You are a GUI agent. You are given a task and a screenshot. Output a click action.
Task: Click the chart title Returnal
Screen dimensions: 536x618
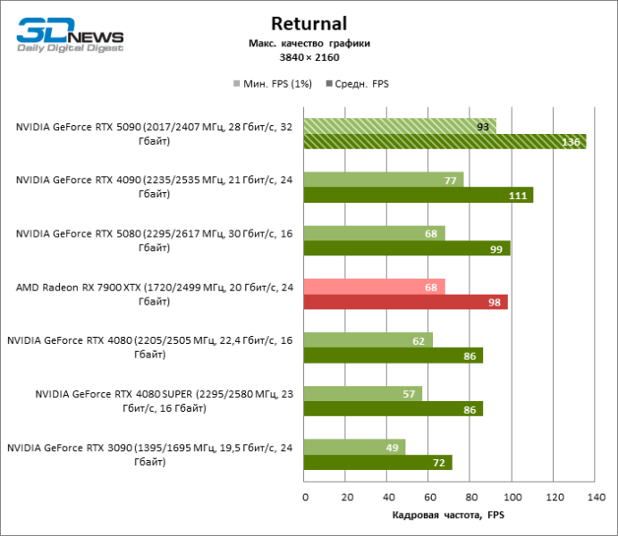pyautogui.click(x=308, y=23)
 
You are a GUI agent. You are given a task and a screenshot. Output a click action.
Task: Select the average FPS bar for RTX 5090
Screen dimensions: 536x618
pyautogui.click(x=444, y=141)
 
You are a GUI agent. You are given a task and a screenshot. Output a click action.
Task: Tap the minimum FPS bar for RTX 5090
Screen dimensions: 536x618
pyautogui.click(x=399, y=126)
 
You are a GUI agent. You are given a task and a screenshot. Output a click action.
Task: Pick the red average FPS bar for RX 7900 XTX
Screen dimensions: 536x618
pyautogui.click(x=405, y=302)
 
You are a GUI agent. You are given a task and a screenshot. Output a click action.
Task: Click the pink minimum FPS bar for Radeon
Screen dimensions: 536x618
pyautogui.click(x=374, y=287)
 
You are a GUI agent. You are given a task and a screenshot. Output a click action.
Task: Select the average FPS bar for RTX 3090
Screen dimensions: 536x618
pyautogui.click(x=377, y=462)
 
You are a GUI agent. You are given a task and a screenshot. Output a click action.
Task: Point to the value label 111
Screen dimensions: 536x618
pyautogui.click(x=518, y=195)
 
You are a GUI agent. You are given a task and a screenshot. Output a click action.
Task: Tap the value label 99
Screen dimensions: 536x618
pyautogui.click(x=496, y=248)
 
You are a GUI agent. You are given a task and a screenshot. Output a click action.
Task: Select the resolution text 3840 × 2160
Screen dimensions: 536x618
pyautogui.click(x=308, y=57)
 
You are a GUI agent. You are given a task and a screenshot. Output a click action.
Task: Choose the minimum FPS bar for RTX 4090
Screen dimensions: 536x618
pyautogui.click(x=384, y=180)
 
